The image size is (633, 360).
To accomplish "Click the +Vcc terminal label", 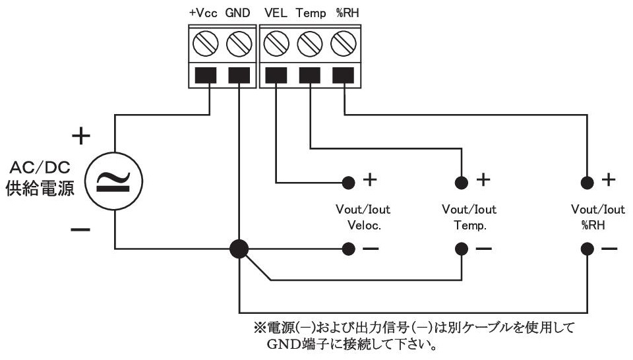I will click(202, 13).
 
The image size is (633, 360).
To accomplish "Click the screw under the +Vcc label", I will click(206, 45).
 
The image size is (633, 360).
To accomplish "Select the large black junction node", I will click(239, 249).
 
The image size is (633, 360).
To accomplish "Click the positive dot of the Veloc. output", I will click(347, 181).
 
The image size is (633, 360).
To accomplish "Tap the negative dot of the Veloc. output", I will click(347, 249).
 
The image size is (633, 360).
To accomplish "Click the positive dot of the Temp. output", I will click(461, 181).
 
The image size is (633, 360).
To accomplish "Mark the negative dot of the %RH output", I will click(586, 249).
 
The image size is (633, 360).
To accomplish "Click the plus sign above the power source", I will click(80, 136).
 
